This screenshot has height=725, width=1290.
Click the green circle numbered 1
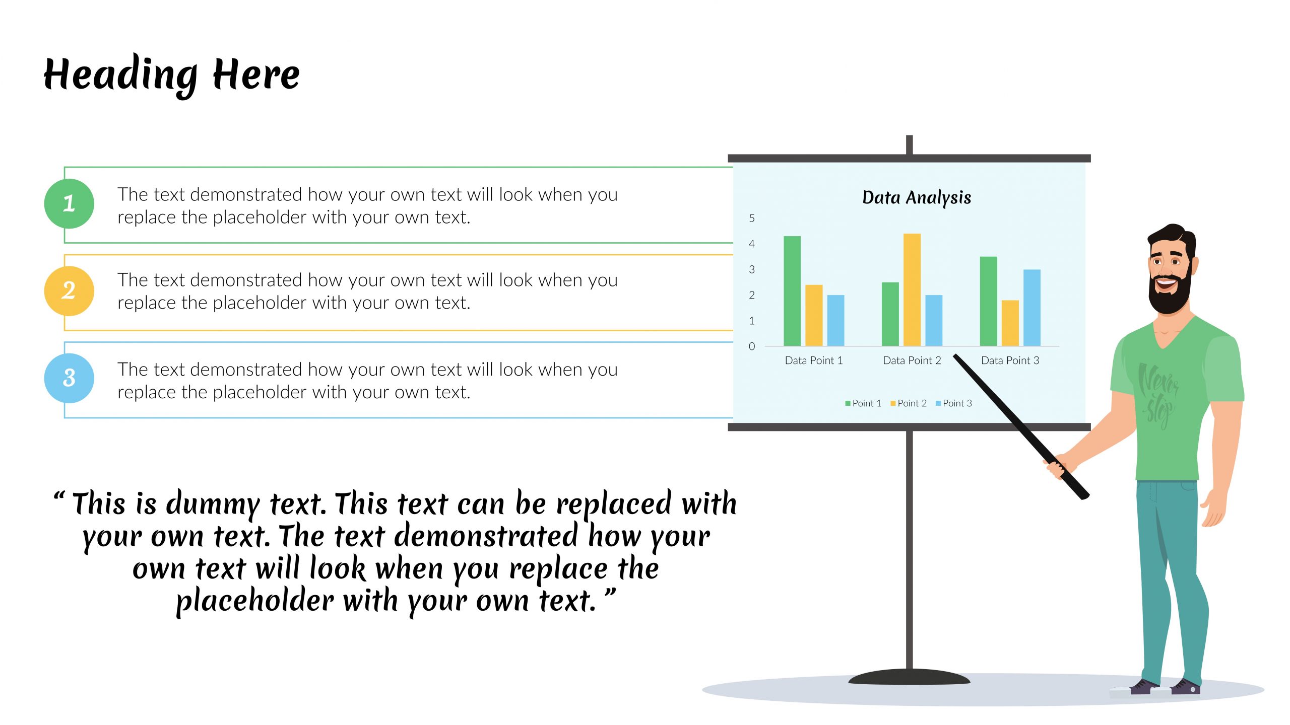coord(69,203)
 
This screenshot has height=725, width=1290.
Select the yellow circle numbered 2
coord(69,291)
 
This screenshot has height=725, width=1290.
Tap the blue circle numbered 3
coord(69,378)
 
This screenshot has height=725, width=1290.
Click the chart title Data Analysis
coord(917,197)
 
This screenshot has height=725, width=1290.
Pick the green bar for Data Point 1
coord(792,291)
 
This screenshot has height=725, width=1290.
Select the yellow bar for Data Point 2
coord(912,289)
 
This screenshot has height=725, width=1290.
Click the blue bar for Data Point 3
coord(1032,308)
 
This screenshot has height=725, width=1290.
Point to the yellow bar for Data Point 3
coord(1010,323)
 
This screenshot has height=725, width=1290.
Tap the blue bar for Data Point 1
coord(835,321)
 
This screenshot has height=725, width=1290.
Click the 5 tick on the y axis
coord(752,218)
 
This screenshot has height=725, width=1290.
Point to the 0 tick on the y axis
coord(752,346)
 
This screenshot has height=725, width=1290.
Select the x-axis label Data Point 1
coord(814,360)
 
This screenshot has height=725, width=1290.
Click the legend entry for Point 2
coord(909,403)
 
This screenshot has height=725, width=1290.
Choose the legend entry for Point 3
coord(954,403)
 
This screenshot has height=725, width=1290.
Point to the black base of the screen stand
coord(909,677)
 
